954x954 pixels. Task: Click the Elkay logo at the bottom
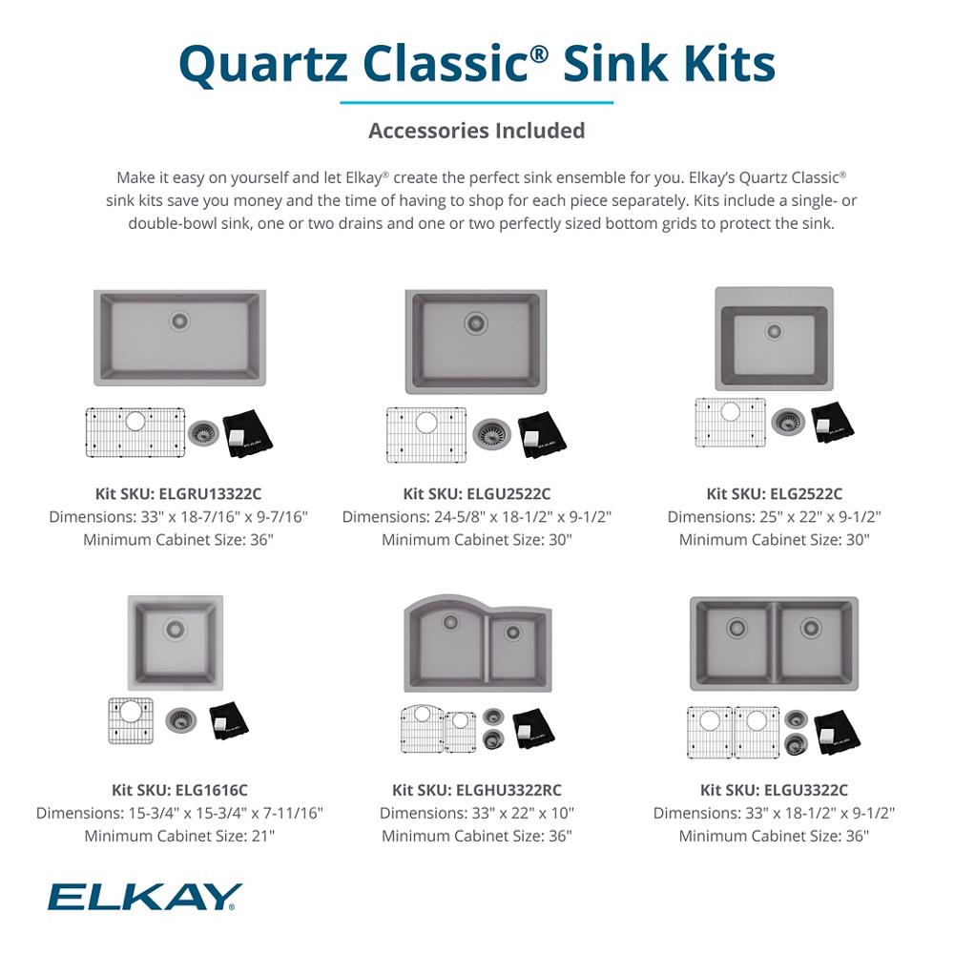tap(145, 897)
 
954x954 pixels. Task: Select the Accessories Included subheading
tap(477, 130)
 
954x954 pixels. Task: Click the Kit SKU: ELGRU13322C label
tap(178, 493)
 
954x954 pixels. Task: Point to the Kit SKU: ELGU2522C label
tap(477, 493)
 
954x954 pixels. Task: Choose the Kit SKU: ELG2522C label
tap(774, 493)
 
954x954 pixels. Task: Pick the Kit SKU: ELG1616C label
tap(179, 790)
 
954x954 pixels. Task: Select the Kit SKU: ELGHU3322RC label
tap(477, 790)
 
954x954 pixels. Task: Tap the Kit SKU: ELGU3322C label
tap(774, 790)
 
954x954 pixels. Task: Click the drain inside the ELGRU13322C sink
tap(179, 321)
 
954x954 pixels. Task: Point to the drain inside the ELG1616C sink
tap(175, 629)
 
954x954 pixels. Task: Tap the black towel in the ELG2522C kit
tap(831, 422)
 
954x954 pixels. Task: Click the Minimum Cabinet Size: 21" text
tap(179, 837)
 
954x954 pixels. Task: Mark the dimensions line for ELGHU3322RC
tap(477, 814)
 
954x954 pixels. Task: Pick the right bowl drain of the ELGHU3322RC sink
tap(513, 632)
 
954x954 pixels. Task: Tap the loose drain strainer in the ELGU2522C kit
tap(492, 434)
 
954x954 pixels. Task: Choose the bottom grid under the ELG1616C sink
tap(131, 720)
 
